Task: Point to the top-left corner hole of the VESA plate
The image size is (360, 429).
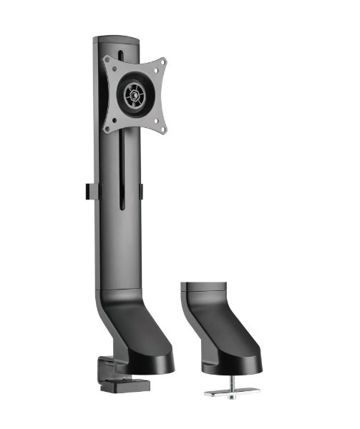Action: tap(108, 60)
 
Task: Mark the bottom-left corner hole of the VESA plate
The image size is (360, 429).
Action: tap(108, 129)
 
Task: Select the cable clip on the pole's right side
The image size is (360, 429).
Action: tap(141, 192)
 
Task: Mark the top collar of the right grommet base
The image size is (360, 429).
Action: tap(202, 290)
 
